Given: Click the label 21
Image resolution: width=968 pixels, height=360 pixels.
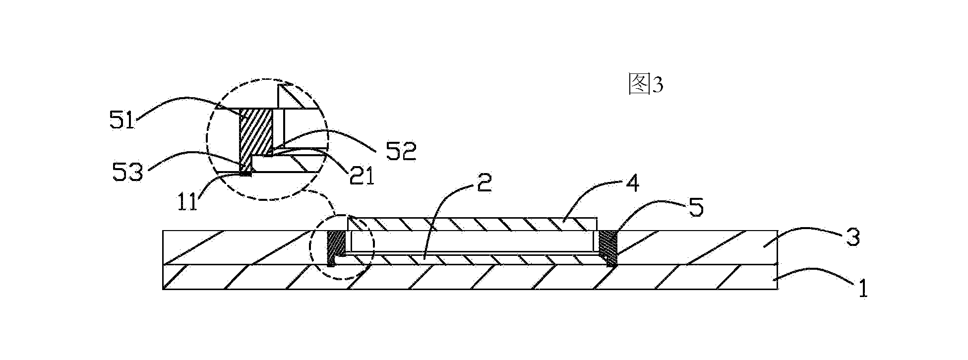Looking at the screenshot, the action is tap(361, 177).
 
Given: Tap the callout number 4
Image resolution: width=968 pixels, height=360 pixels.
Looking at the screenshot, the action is tap(632, 185).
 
